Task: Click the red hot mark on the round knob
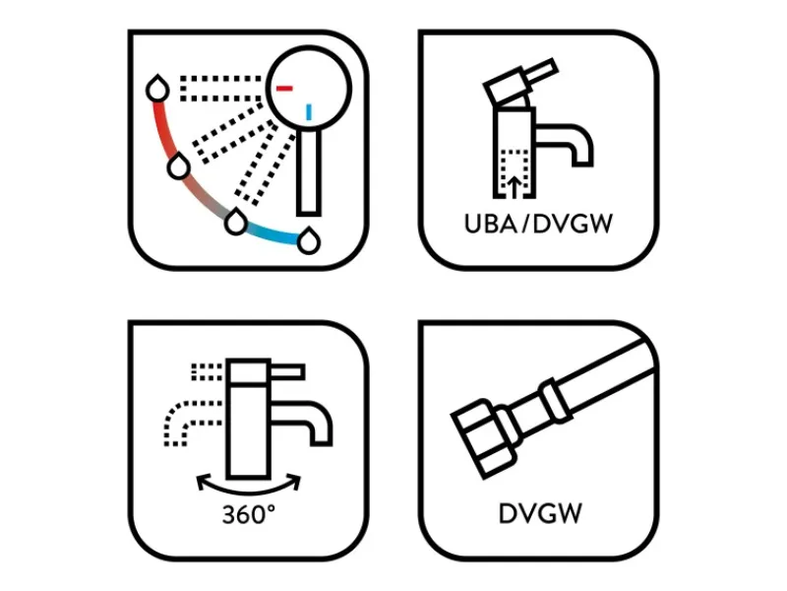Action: pyautogui.click(x=284, y=89)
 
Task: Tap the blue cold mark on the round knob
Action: pyautogui.click(x=309, y=112)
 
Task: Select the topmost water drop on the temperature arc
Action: pyautogui.click(x=157, y=89)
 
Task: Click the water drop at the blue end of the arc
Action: pyautogui.click(x=309, y=240)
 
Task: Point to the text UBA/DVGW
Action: pyautogui.click(x=538, y=225)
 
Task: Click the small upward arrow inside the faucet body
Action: pyautogui.click(x=514, y=186)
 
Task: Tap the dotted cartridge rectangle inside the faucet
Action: pyautogui.click(x=514, y=172)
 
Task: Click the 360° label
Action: pyautogui.click(x=249, y=514)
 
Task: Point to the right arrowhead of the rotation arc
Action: pyautogui.click(x=295, y=481)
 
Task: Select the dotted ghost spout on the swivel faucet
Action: pyautogui.click(x=191, y=422)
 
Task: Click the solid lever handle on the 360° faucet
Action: pyautogui.click(x=287, y=372)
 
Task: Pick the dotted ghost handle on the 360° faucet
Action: pyautogui.click(x=208, y=372)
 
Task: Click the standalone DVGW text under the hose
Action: pyautogui.click(x=540, y=513)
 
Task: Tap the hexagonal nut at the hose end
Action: pyautogui.click(x=483, y=438)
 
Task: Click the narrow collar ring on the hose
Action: pyautogui.click(x=555, y=401)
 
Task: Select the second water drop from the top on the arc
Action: pyautogui.click(x=178, y=165)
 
